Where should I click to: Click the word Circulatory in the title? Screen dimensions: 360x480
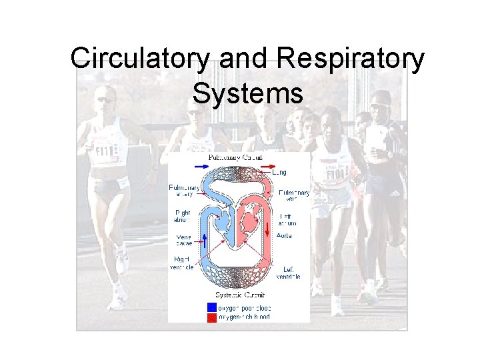coord(139,59)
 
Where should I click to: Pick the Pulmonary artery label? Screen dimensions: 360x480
coord(181,191)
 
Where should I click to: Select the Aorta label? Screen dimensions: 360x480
coord(283,235)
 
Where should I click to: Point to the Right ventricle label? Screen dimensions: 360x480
coord(181,263)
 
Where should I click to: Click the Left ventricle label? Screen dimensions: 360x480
coord(287,273)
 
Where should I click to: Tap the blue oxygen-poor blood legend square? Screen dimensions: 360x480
coord(211,307)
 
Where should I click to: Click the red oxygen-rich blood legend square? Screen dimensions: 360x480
coord(211,317)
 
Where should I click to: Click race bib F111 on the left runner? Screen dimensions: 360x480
coord(103,149)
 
